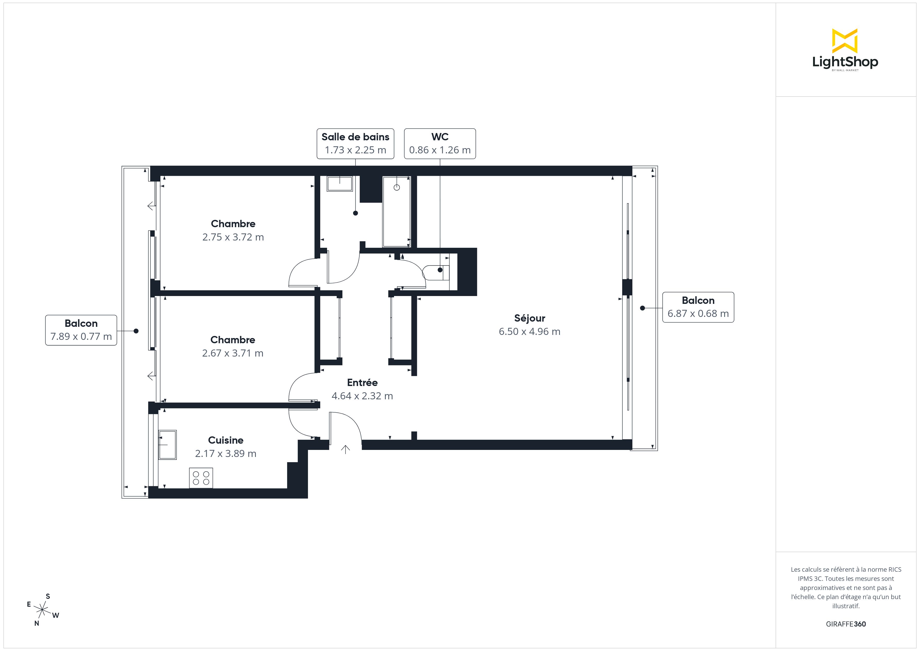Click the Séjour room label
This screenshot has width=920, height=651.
click(x=529, y=318)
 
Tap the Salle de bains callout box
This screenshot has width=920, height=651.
click(x=355, y=143)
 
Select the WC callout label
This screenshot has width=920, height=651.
click(x=440, y=143)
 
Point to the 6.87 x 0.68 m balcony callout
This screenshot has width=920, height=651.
click(x=698, y=307)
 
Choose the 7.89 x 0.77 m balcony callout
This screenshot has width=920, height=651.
click(x=81, y=330)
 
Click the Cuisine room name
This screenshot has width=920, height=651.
click(x=226, y=440)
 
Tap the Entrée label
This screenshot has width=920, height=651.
click(x=362, y=382)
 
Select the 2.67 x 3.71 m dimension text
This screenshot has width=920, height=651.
click(x=233, y=353)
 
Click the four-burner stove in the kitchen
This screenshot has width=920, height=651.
click(x=201, y=478)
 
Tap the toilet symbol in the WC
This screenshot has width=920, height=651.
click(x=435, y=273)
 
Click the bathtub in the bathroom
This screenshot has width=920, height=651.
click(x=397, y=212)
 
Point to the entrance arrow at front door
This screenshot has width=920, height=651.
click(x=346, y=449)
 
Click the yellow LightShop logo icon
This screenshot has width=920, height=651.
click(x=845, y=41)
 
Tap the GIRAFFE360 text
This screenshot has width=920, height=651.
click(x=846, y=624)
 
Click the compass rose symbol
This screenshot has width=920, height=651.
click(x=42, y=610)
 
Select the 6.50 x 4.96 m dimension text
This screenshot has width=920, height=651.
click(x=529, y=331)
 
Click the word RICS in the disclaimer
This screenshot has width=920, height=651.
click(x=895, y=570)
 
